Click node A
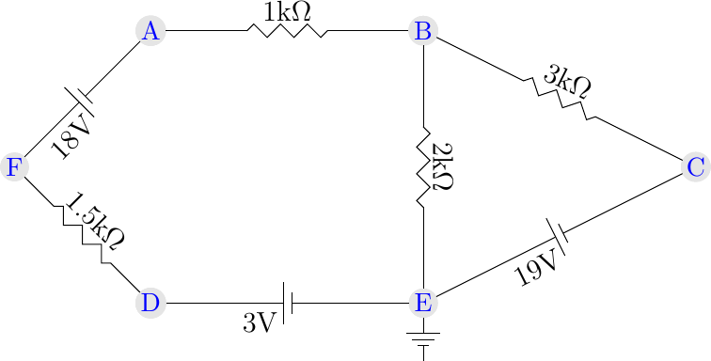(x=150, y=31)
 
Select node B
(x=423, y=31)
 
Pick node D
(x=150, y=303)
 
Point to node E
(x=423, y=303)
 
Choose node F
(x=14, y=167)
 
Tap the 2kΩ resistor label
(x=442, y=167)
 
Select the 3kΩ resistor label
(x=569, y=83)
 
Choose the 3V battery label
(x=261, y=322)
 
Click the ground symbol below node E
(x=423, y=342)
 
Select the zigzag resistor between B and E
(x=423, y=167)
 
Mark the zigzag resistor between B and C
(x=560, y=99)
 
